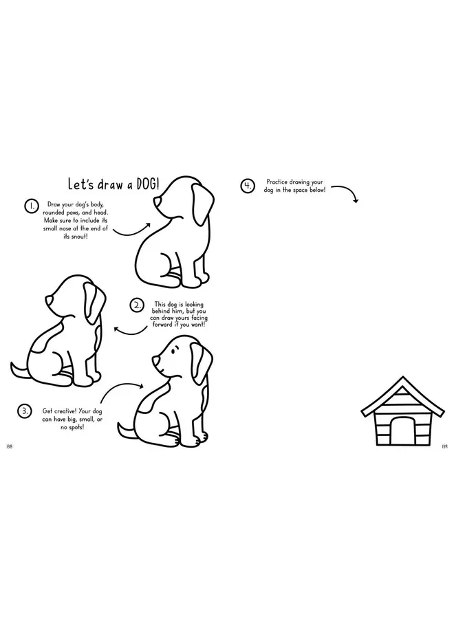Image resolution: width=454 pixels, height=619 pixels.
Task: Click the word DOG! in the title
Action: click(148, 185)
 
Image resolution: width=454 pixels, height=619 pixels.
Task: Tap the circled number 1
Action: click(31, 206)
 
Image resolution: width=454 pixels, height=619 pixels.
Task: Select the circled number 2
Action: click(137, 305)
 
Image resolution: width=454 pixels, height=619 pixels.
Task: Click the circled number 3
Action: click(25, 411)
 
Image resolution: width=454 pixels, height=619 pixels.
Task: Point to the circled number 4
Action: click(248, 186)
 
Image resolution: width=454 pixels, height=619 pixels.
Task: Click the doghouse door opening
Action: click(402, 431)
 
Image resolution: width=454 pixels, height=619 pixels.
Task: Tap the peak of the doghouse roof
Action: click(402, 377)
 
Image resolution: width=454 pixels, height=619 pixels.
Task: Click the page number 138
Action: click(10, 446)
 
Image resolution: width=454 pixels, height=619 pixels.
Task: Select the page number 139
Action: click(444, 446)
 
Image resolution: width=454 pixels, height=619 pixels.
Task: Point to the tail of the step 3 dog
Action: click(127, 431)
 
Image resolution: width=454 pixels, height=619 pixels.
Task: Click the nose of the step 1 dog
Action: click(156, 202)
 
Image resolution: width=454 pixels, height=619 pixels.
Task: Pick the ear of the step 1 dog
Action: click(202, 204)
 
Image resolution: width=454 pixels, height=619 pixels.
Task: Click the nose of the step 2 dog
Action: click(49, 301)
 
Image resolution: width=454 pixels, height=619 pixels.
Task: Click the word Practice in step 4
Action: click(277, 182)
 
